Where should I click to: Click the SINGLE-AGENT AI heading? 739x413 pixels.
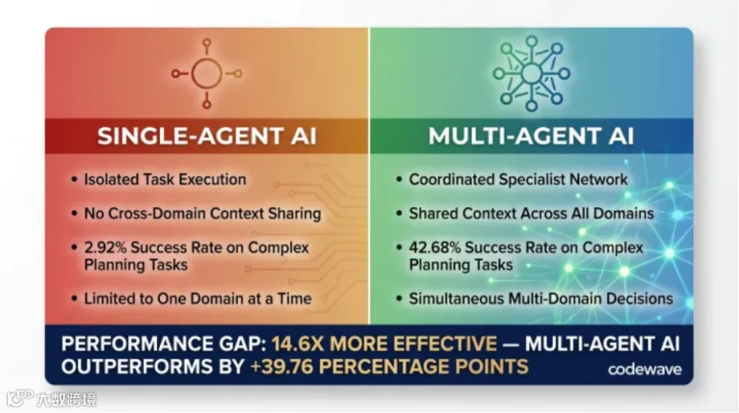[207, 136]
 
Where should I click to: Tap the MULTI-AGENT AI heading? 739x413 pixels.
[531, 136]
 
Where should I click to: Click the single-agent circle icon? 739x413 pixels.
[207, 74]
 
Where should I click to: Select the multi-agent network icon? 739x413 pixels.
[531, 74]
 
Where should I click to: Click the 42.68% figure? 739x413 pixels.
[434, 247]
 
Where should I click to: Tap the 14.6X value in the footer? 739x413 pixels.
[297, 344]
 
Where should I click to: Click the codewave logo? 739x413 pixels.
[645, 369]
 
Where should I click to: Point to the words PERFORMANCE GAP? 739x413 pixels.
[164, 344]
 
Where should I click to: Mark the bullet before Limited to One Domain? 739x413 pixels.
[74, 299]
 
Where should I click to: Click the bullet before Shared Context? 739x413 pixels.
[399, 213]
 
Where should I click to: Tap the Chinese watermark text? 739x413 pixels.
[67, 399]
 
